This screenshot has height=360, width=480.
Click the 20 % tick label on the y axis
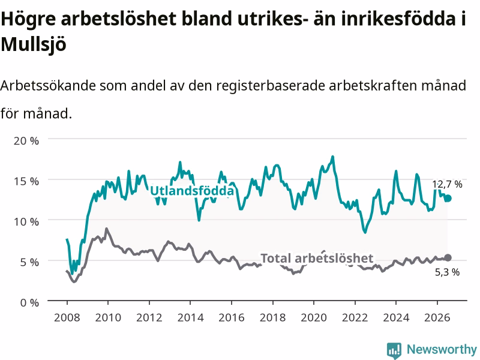[26, 141]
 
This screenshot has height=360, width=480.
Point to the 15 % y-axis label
[26, 181]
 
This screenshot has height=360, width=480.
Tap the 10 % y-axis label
[26, 221]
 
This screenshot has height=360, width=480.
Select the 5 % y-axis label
[29, 262]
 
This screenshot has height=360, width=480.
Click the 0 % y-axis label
[29, 303]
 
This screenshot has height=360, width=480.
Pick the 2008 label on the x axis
[67, 317]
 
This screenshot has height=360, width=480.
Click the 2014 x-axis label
[190, 317]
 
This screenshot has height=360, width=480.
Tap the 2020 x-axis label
[314, 317]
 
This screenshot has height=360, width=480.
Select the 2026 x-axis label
[437, 317]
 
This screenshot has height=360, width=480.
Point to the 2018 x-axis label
[273, 317]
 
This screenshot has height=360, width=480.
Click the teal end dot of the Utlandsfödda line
[448, 199]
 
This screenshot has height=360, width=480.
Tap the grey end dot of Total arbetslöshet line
[448, 258]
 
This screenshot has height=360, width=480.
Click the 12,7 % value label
[447, 184]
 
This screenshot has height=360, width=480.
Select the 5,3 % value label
[447, 272]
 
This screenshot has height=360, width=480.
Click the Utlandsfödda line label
[192, 191]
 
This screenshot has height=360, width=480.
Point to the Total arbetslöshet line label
[317, 258]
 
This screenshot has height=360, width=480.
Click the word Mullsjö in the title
[34, 44]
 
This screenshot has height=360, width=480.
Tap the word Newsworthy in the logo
[442, 349]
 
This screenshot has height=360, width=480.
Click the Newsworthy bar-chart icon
[394, 350]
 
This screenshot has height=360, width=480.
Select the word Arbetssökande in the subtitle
[48, 86]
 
